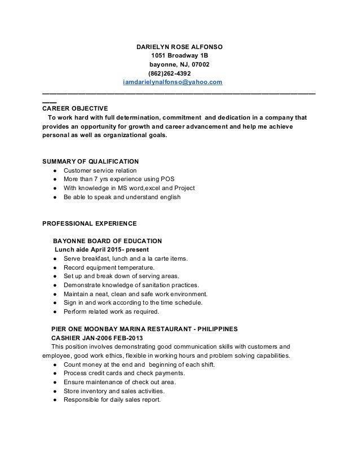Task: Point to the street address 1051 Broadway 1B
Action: coord(179,55)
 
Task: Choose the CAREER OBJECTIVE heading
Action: coord(76,108)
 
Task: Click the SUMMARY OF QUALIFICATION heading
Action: coord(91,161)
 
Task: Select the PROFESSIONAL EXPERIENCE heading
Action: coord(89,223)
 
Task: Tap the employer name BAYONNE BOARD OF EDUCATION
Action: coord(107,240)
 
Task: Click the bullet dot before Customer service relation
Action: coord(52,170)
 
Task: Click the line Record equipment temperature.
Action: coord(108,267)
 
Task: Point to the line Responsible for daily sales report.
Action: coord(112,400)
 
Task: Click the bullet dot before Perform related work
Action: coord(52,312)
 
